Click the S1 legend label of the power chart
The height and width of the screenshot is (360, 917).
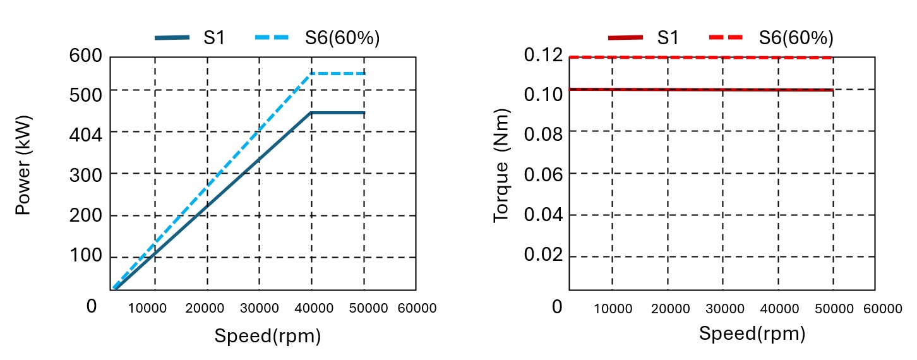pos(213,38)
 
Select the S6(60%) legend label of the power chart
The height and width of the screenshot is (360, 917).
pos(342,38)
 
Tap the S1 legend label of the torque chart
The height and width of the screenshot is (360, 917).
pos(668,38)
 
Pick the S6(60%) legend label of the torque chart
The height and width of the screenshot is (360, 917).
pos(796,38)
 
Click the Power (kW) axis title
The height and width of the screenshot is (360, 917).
pos(23,165)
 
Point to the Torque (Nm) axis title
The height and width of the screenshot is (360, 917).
pos(501,165)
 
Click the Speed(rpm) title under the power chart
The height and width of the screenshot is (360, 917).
pos(268,336)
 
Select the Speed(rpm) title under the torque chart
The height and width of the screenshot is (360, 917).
pos(752,333)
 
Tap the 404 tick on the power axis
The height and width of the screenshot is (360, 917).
pos(85,133)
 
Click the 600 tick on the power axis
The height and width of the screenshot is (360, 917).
pos(85,56)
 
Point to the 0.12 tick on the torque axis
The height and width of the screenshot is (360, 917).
pos(542,56)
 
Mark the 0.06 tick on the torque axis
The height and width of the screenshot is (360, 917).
pos(542,174)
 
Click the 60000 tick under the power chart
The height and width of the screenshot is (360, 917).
pos(417,308)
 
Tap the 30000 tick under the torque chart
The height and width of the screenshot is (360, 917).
pos(724,308)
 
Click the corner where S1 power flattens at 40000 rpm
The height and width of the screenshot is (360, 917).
pos(311,113)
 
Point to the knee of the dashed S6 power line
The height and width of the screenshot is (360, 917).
pos(311,74)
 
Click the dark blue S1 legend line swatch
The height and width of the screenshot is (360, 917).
pos(172,38)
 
